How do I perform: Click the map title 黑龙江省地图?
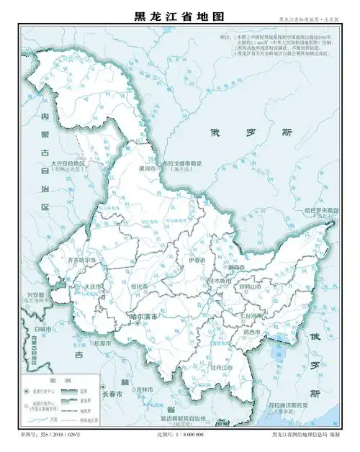coord(180,16)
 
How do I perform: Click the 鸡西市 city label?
coord(251,333)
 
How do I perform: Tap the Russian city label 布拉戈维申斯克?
coord(185,163)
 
